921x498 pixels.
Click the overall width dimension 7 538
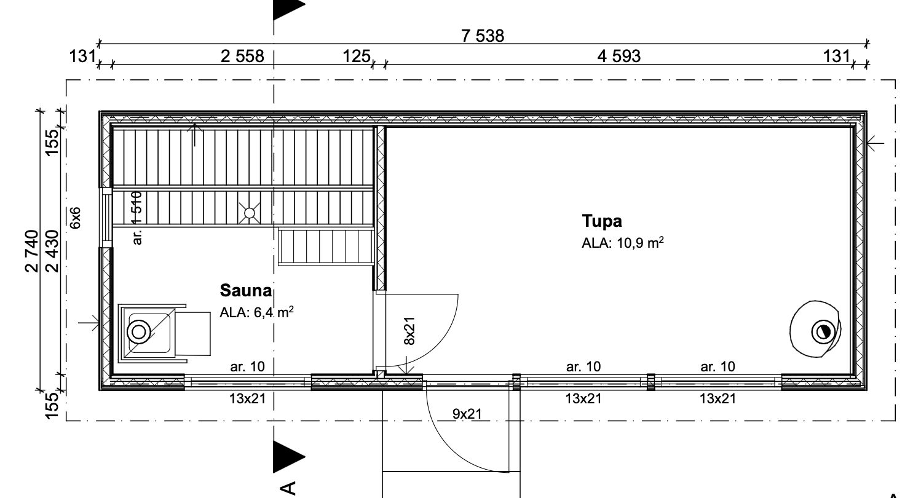click(x=482, y=36)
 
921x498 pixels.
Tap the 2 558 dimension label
click(x=242, y=57)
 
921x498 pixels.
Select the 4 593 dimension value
click(x=619, y=57)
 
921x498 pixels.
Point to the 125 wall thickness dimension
click(x=357, y=57)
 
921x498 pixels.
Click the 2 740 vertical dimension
click(x=32, y=251)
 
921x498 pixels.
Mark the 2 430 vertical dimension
click(x=53, y=251)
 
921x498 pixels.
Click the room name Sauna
click(x=246, y=291)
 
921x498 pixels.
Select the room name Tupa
click(x=602, y=221)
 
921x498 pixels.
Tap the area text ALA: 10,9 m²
click(x=622, y=243)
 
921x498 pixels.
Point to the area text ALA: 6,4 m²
click(x=256, y=312)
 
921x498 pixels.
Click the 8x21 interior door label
click(x=409, y=331)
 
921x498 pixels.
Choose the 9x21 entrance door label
click(x=467, y=414)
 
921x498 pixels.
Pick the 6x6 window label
click(x=76, y=218)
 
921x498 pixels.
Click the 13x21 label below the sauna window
click(x=248, y=398)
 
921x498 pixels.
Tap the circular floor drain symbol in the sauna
click(x=250, y=213)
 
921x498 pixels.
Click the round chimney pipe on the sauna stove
click(x=139, y=332)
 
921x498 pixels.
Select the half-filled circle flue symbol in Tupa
click(x=823, y=332)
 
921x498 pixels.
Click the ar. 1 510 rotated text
click(x=137, y=218)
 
